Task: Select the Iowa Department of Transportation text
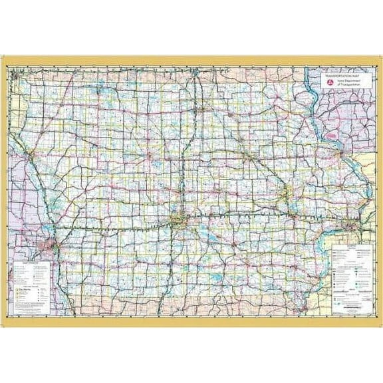(x=339, y=84)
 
